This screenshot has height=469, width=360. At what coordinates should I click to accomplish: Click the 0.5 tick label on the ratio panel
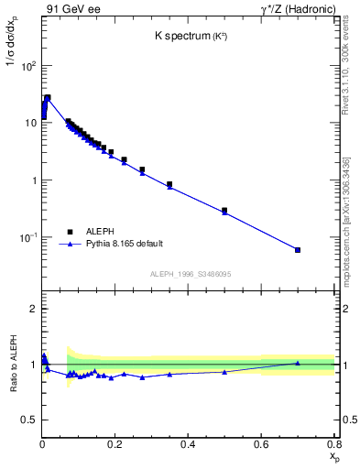27,420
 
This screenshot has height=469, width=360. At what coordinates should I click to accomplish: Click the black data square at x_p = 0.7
297,250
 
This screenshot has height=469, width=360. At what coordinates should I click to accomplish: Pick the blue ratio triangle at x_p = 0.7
297,363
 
